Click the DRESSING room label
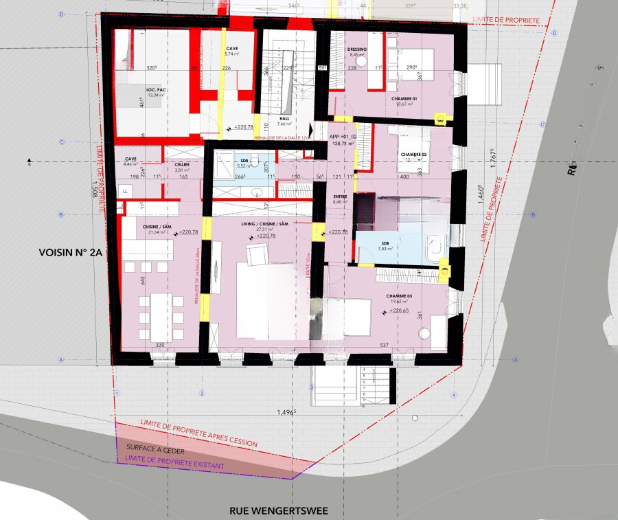point(357,49)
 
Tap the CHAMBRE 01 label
point(404,99)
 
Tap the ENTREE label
point(339,196)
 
